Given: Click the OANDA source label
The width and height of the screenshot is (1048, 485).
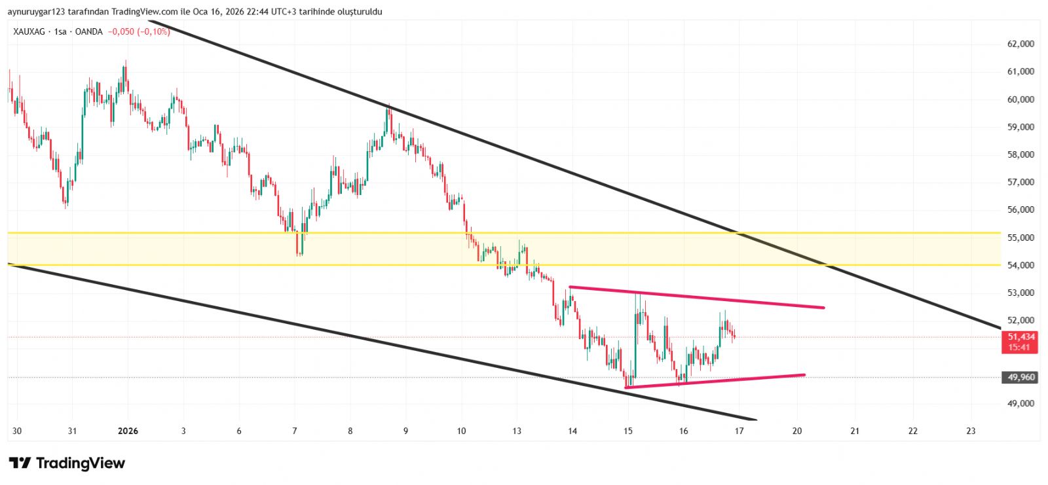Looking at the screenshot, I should click(89, 31).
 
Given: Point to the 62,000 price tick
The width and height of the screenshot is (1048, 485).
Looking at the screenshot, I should click(1020, 44).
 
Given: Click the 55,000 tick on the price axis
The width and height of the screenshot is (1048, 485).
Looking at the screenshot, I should click(1020, 238).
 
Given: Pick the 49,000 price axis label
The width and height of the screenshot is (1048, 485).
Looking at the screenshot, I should click(1020, 403).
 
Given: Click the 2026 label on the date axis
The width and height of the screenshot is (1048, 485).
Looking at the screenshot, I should click(128, 431).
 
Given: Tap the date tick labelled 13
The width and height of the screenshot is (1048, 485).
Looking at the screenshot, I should click(517, 431).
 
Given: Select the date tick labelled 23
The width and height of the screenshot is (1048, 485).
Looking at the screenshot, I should click(971, 431).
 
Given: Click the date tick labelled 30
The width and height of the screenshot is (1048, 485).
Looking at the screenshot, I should click(17, 431).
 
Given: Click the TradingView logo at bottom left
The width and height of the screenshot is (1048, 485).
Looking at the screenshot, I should click(67, 463).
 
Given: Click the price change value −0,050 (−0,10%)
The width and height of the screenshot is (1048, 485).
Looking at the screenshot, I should click(139, 31).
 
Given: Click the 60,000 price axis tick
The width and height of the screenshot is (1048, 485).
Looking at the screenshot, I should click(1020, 99).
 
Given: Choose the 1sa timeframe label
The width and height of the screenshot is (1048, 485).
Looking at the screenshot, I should click(60, 31).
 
